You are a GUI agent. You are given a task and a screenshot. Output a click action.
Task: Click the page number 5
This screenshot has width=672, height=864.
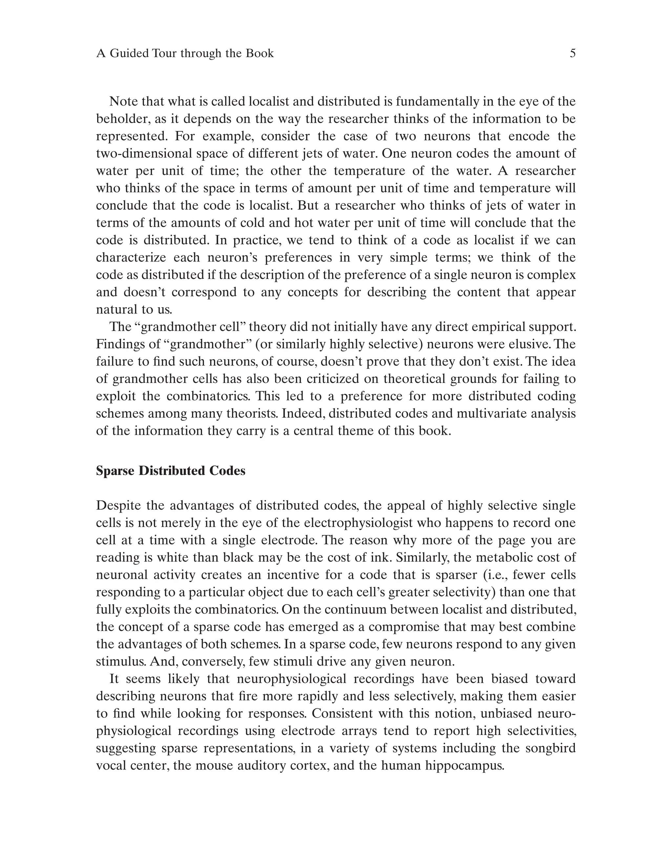click(572, 53)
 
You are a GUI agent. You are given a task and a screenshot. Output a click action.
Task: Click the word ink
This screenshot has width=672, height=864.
click(383, 558)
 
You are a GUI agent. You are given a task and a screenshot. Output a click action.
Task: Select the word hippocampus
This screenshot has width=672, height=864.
click(464, 766)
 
